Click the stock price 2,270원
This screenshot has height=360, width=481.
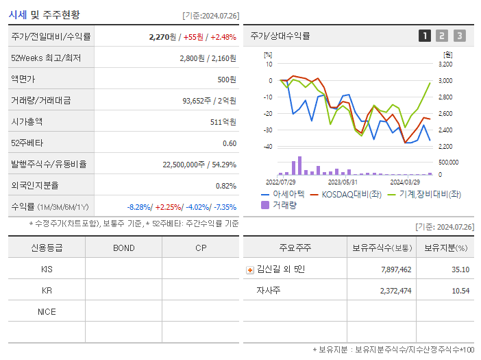(x=162, y=37)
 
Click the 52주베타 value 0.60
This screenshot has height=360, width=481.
(x=230, y=143)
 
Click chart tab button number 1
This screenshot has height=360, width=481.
(x=425, y=36)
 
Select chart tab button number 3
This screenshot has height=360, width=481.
(x=459, y=36)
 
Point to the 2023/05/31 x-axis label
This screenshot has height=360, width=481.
(x=343, y=182)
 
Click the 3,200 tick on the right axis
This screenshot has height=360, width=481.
(x=445, y=64)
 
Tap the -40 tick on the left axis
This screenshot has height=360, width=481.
(x=269, y=147)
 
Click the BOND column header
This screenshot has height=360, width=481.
(x=123, y=248)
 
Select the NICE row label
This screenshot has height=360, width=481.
(x=47, y=311)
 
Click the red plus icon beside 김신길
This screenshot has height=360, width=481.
(x=250, y=269)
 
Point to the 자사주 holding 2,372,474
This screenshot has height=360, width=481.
(x=392, y=291)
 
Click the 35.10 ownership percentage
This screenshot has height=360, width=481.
(x=460, y=269)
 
